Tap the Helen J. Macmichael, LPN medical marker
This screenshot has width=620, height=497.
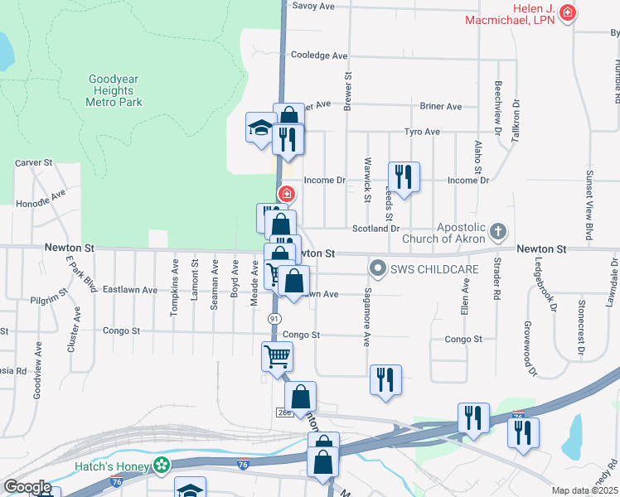[x=568, y=12]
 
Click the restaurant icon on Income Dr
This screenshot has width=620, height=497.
[x=404, y=177]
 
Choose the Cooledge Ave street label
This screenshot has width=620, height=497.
[x=319, y=55]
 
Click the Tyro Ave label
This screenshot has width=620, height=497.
[x=422, y=132]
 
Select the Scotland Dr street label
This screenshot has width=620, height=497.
[x=377, y=228]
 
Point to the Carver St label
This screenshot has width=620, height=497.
[x=34, y=163]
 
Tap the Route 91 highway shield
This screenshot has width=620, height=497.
[x=274, y=318]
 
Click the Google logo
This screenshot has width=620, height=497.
[x=27, y=486]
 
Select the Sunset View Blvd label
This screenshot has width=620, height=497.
[x=589, y=201]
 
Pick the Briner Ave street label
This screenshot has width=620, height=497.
[x=441, y=106]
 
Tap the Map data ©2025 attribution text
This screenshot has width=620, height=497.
[x=584, y=490]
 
